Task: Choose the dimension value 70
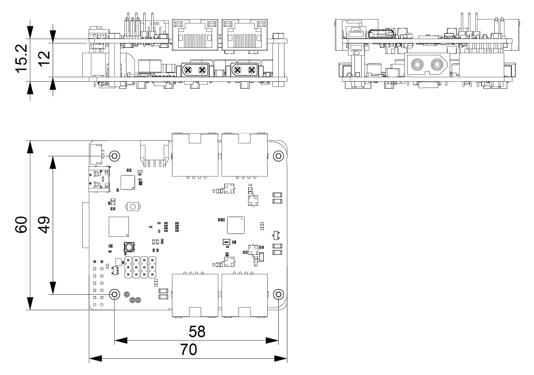pos(188,350)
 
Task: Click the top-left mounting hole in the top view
pos(115,156)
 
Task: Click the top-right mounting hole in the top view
pos(279,156)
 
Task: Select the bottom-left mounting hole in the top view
pos(115,294)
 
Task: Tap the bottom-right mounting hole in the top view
pos(279,294)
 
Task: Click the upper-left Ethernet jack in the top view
pos(195,154)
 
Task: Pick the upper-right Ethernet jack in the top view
pos(244,154)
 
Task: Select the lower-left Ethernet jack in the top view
pos(195,296)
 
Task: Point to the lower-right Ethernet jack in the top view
pos(244,296)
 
